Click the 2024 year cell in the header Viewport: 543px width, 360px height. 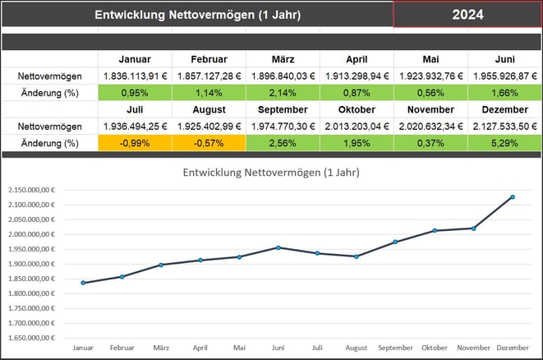(x=467, y=15)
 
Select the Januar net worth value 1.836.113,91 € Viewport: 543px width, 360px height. (x=135, y=76)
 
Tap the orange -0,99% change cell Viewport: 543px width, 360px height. (x=135, y=143)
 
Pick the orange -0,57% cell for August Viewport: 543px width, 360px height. (x=209, y=143)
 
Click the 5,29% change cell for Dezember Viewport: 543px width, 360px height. (x=504, y=143)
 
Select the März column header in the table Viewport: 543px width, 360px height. (x=283, y=59)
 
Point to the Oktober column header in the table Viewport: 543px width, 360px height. (x=357, y=109)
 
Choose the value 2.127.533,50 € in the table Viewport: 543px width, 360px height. (x=504, y=127)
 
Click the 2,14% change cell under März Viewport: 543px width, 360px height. (x=283, y=92)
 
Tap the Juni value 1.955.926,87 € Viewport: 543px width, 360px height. (x=504, y=76)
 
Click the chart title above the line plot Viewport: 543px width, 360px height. (x=272, y=173)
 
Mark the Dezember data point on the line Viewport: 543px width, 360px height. (x=513, y=197)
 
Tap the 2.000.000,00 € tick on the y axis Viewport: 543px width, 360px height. (x=31, y=234)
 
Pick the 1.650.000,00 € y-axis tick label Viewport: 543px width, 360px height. (x=31, y=338)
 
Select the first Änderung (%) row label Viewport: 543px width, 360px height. (x=48, y=92)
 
